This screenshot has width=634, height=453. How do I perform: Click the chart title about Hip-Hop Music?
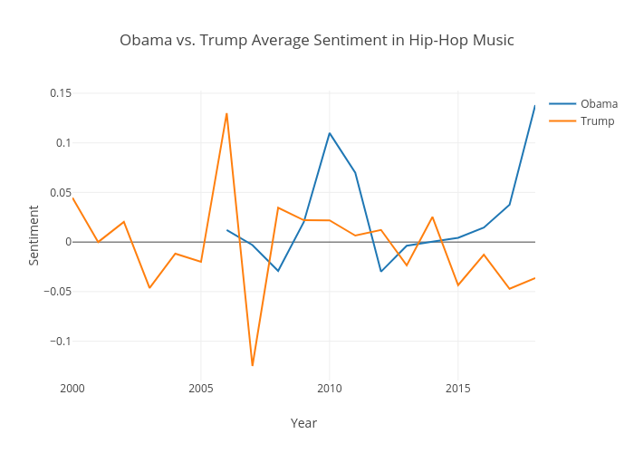click(x=317, y=41)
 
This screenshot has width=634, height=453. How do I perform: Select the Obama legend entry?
click(x=599, y=103)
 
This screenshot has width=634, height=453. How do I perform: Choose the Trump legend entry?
click(x=597, y=121)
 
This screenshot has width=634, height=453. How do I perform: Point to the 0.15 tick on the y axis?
click(x=61, y=93)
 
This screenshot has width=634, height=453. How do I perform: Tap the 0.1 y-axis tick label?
click(x=63, y=143)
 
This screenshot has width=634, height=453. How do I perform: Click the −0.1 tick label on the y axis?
click(x=61, y=342)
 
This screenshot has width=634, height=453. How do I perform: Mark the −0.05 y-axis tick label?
click(x=58, y=292)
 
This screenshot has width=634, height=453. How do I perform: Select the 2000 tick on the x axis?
click(x=72, y=389)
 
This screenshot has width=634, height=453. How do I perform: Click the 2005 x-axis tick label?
click(x=201, y=389)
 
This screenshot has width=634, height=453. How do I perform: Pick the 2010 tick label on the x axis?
click(x=330, y=389)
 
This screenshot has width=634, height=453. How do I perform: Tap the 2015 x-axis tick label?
click(x=458, y=389)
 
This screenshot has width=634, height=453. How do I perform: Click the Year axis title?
click(x=303, y=423)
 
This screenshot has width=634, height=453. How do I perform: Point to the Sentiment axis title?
click(x=34, y=236)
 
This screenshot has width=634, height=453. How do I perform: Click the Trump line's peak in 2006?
click(x=226, y=113)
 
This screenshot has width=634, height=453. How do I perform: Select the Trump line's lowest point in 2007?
click(x=253, y=365)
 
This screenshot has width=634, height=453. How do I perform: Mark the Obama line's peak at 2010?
click(x=330, y=133)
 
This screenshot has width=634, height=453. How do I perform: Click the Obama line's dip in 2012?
click(x=381, y=271)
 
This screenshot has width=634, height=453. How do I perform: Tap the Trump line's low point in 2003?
click(x=149, y=287)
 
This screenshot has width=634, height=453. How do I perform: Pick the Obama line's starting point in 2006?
click(x=226, y=230)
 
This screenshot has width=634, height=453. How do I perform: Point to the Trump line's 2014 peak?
click(x=432, y=217)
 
